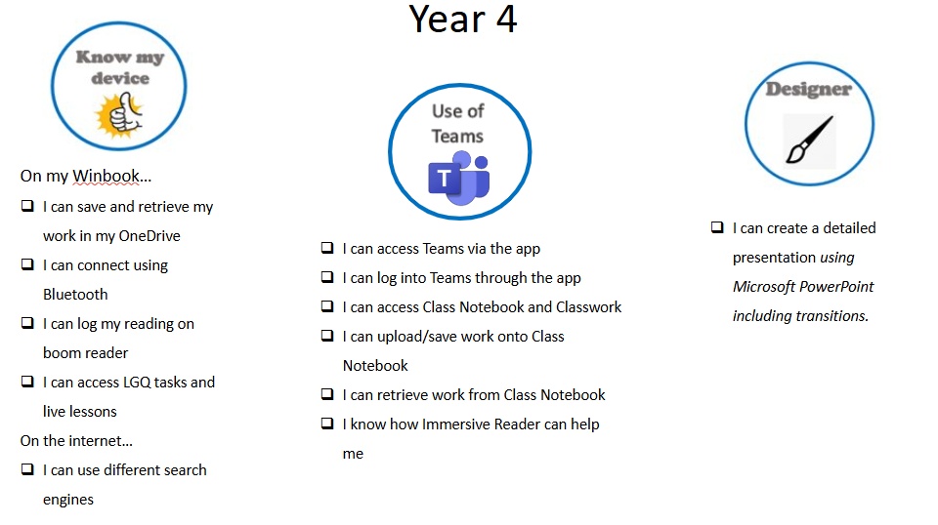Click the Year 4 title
coord(462,19)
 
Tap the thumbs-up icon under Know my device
coord(120,115)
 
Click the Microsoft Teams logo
coord(459,178)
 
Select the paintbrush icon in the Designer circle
coord(809,140)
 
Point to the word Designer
coord(809,89)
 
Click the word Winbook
coord(106,176)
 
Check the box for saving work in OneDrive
coord(27,206)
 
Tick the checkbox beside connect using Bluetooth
coord(27,264)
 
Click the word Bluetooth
coord(75,295)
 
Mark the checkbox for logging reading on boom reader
coord(27,323)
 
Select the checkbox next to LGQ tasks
coord(27,381)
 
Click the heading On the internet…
coord(76,441)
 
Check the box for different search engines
coord(27,468)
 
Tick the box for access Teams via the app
coord(327,247)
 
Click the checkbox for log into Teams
coord(327,276)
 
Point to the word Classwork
coord(588,307)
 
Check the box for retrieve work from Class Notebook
coord(327,393)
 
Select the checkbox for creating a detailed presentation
coord(717,227)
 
